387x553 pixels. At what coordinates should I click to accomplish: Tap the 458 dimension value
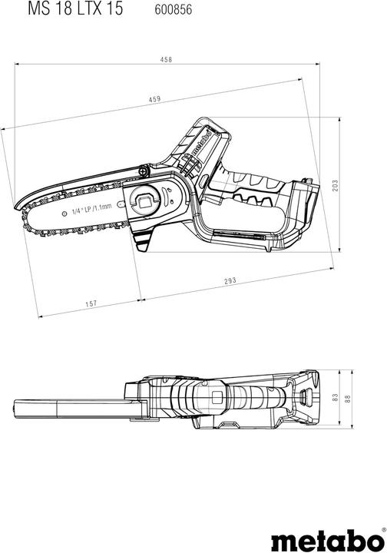164,59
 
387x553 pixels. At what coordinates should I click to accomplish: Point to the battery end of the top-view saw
311,398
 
